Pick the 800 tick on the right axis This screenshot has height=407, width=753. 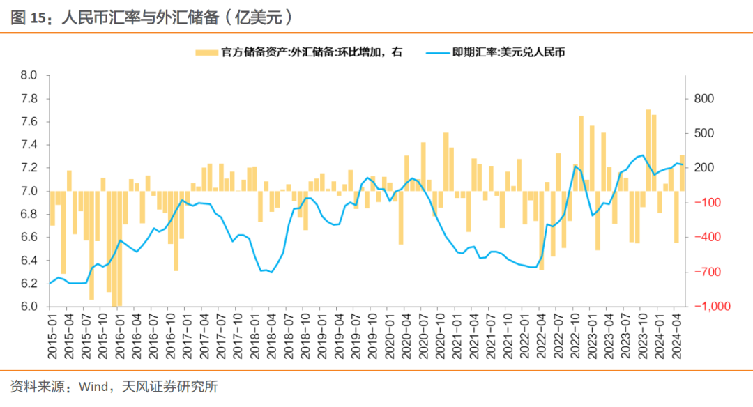pos(705,99)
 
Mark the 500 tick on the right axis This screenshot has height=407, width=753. pos(705,133)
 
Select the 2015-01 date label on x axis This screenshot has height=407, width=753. pos(52,337)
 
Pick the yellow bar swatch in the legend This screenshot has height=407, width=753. pos(206,52)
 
